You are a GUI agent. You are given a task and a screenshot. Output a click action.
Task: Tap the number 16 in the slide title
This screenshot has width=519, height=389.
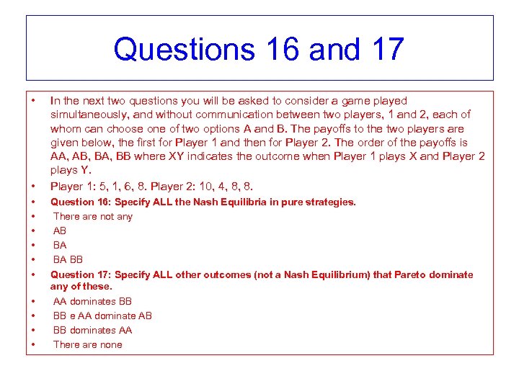[275, 50]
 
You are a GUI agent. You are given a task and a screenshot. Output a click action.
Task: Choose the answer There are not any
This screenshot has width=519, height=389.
[92, 217]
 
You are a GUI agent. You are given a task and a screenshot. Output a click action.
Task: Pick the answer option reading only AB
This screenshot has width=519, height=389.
[60, 231]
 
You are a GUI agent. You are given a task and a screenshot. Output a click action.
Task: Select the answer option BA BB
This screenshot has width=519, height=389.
[68, 260]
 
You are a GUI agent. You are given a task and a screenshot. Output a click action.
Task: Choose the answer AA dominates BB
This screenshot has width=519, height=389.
[92, 302]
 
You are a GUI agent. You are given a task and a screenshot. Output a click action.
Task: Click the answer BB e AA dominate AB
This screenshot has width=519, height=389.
[102, 316]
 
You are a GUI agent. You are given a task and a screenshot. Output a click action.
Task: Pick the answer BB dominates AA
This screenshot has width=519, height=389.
[92, 331]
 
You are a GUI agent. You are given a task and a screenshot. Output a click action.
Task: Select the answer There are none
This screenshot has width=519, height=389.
[87, 345]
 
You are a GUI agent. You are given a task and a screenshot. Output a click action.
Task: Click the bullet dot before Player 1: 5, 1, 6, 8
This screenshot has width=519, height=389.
[33, 187]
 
